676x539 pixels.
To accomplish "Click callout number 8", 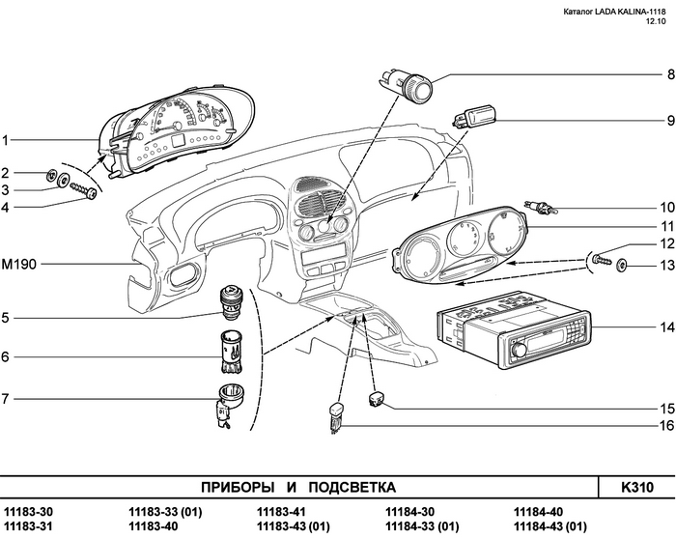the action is [671, 74].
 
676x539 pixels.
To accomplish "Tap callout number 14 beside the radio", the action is [667, 327].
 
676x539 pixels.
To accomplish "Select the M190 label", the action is [19, 264].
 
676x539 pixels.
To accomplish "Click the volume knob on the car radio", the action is [520, 349].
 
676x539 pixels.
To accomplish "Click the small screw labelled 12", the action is [602, 260].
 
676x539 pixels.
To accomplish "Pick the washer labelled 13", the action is [621, 266].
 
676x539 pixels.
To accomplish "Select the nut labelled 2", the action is [52, 175].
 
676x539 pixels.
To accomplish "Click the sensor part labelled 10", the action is [541, 207].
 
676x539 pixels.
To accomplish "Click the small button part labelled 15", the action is [377, 399].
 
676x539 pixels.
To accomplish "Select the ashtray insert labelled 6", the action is [232, 352].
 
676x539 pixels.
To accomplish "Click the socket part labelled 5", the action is [233, 303].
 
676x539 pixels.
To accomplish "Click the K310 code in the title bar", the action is [637, 487].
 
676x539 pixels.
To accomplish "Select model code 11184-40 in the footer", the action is [538, 512].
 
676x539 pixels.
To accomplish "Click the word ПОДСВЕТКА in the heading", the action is [352, 487].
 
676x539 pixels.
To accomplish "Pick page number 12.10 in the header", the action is [656, 21].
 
